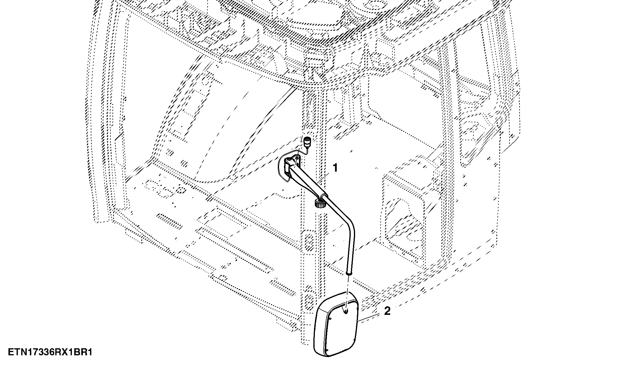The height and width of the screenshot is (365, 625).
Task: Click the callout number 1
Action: coord(335,168)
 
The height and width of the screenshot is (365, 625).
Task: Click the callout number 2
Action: coord(387,311)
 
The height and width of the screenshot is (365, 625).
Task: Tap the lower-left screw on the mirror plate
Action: coord(326,351)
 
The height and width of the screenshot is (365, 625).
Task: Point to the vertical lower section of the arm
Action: coord(351,252)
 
